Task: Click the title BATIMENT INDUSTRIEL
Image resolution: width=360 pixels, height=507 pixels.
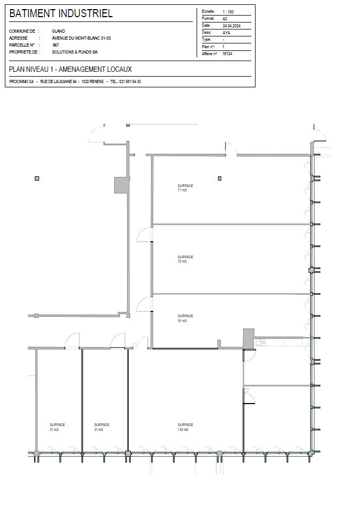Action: [x=61, y=13]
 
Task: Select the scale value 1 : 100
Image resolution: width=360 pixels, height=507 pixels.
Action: [x=228, y=12]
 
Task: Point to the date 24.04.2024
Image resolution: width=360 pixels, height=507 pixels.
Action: [x=231, y=26]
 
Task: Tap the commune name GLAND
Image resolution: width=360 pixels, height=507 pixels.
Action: [x=58, y=31]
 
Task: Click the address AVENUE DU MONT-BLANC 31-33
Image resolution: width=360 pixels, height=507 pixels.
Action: [x=81, y=38]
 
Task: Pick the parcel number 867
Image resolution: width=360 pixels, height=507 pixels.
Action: [x=56, y=45]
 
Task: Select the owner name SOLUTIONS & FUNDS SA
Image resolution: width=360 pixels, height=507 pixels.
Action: [x=74, y=52]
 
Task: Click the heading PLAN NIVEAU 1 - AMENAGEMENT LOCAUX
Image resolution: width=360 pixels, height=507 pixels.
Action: [x=71, y=69]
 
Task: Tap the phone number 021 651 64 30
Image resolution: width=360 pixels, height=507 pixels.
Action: [x=130, y=81]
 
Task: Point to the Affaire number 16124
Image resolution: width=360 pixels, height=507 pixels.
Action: [x=227, y=54]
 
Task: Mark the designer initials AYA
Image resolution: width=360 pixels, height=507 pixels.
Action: [x=226, y=33]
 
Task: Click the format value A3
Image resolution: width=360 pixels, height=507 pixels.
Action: [x=224, y=19]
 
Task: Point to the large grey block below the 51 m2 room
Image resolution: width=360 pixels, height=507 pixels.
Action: [x=249, y=339]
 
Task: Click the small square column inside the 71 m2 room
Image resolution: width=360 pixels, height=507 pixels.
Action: [x=220, y=178]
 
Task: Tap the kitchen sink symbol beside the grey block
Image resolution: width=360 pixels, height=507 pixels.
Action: [x=261, y=342]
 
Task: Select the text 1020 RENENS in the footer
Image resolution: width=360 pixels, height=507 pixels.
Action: [x=93, y=81]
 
